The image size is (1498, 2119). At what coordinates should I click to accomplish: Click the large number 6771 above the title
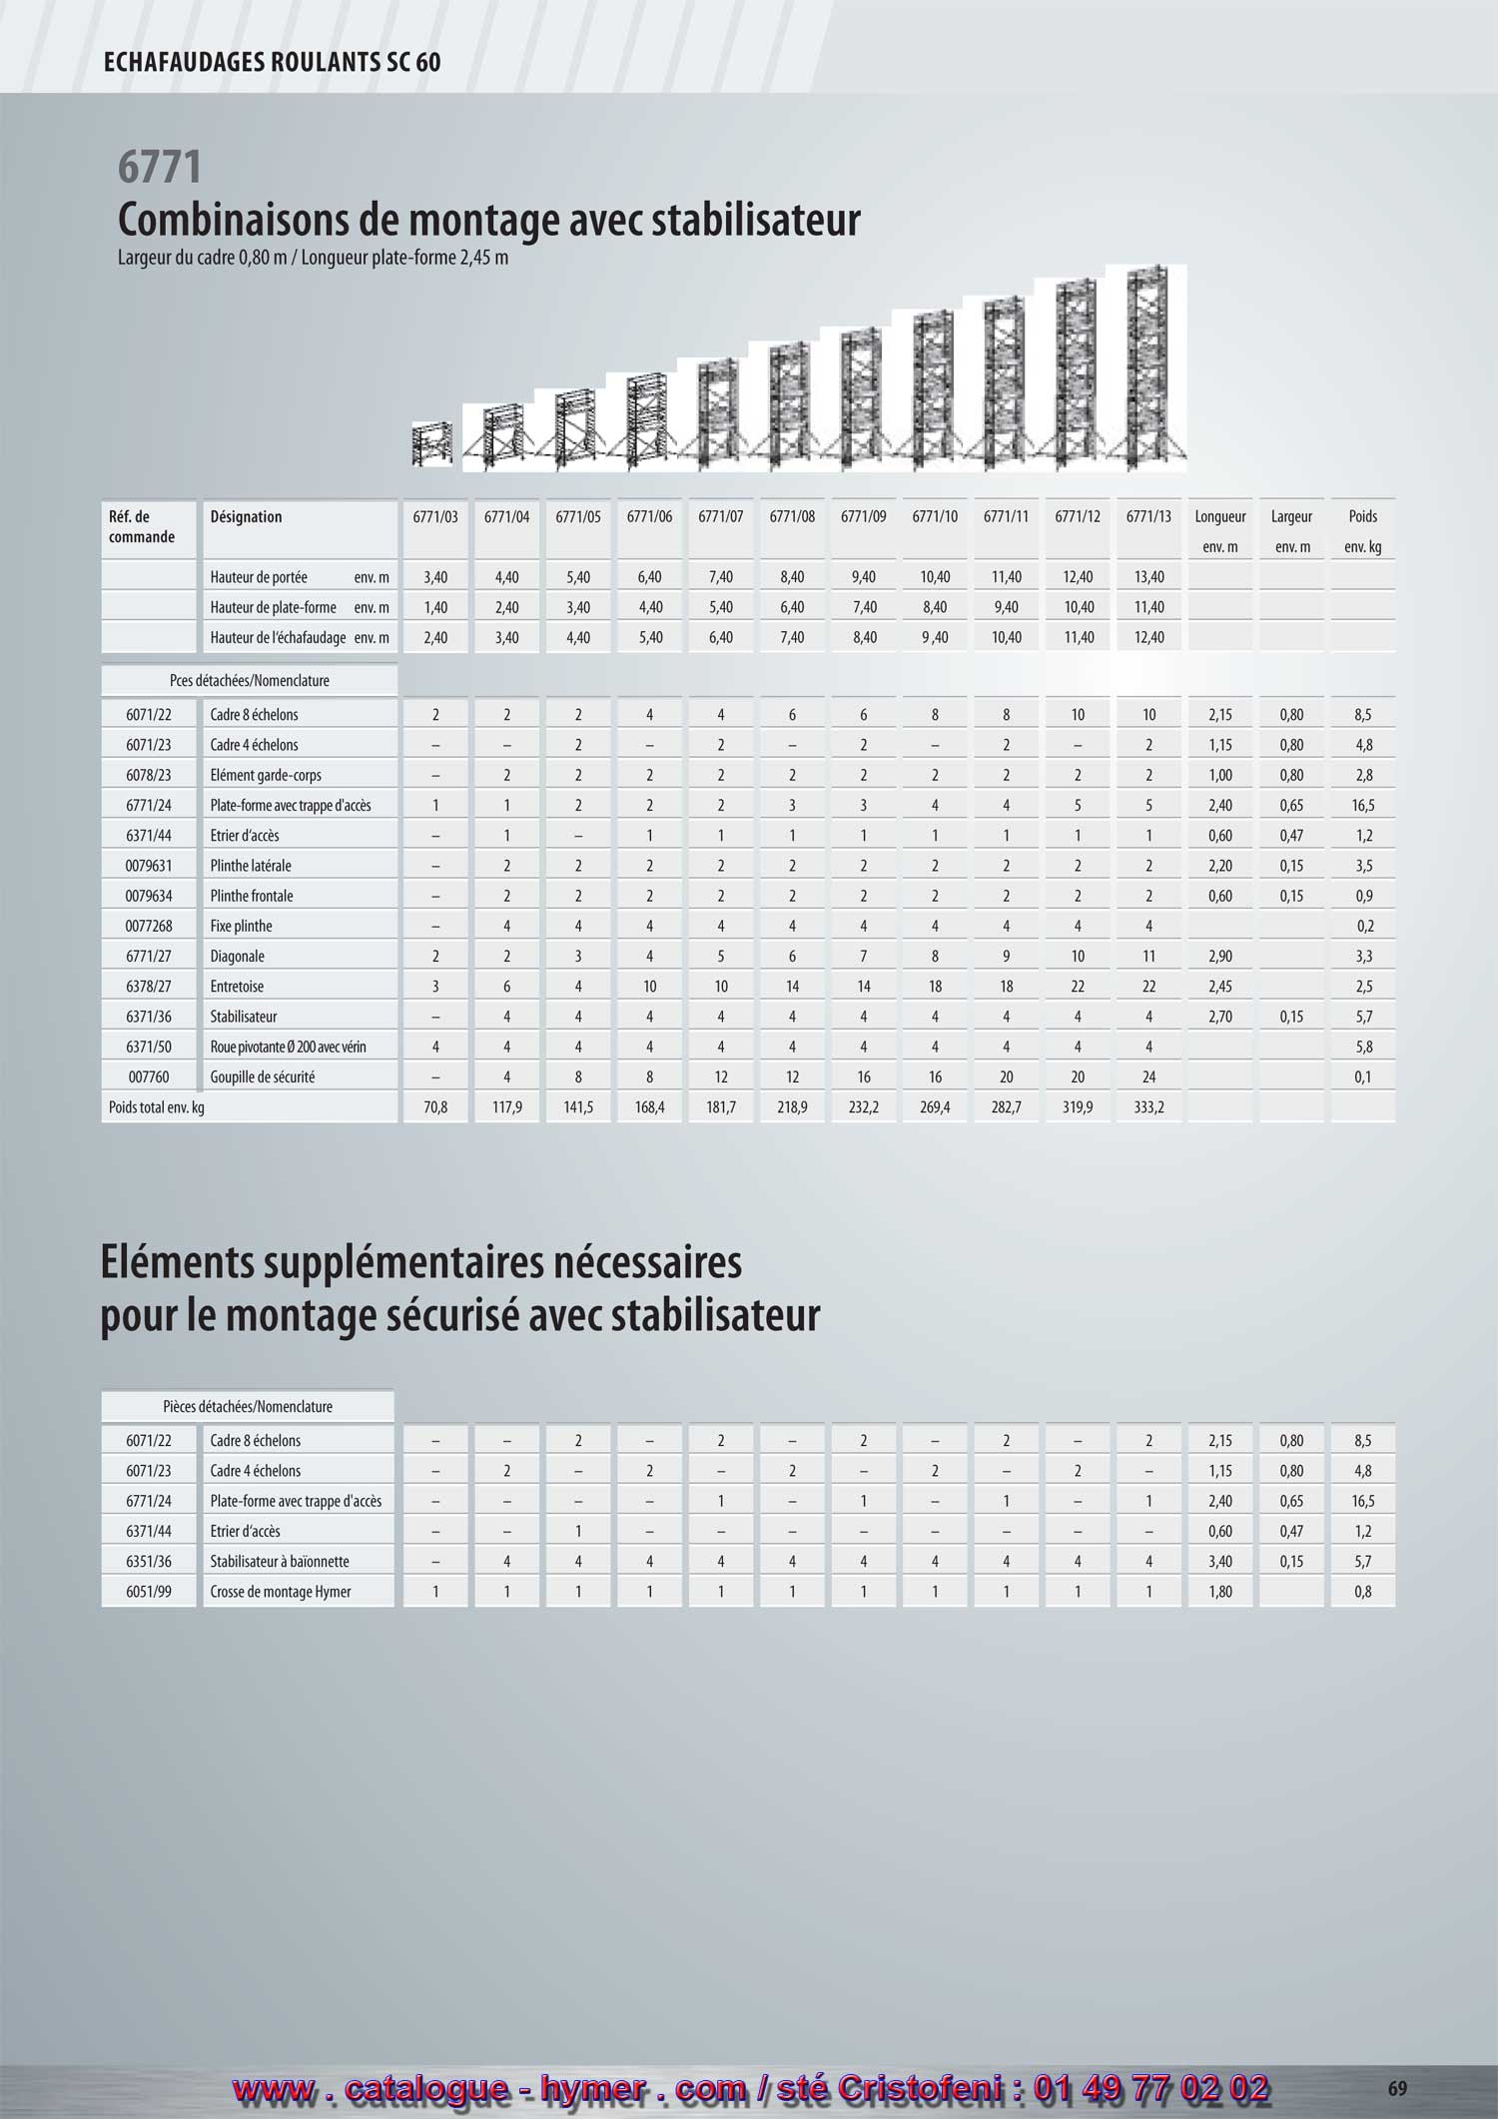[160, 167]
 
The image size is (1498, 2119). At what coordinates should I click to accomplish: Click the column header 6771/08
[792, 517]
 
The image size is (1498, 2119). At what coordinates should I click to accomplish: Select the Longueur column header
[1219, 517]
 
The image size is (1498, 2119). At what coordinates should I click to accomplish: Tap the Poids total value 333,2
[1149, 1107]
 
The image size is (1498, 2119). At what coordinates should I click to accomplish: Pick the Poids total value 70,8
[435, 1107]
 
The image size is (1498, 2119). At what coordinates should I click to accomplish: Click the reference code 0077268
[149, 927]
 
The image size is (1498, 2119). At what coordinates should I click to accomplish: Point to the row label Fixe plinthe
[241, 927]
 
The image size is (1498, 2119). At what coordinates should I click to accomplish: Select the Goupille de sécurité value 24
[1149, 1077]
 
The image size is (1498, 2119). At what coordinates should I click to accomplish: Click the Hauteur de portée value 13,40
[1149, 577]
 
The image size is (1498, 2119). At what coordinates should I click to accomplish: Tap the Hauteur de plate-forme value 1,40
[435, 607]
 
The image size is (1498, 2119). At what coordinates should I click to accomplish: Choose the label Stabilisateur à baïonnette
[279, 1562]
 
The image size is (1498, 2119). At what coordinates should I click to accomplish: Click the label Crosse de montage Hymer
[281, 1592]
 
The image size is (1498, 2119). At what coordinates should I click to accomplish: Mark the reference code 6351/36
[149, 1562]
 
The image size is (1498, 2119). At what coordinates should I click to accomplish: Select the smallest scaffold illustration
[432, 444]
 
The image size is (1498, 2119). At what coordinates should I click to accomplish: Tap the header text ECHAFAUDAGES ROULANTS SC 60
[272, 63]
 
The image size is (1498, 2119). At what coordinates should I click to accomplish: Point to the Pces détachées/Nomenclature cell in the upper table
[249, 681]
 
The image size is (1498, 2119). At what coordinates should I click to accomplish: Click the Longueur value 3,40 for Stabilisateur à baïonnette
[1219, 1562]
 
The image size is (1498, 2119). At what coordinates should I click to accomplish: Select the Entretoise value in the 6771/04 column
[507, 987]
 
